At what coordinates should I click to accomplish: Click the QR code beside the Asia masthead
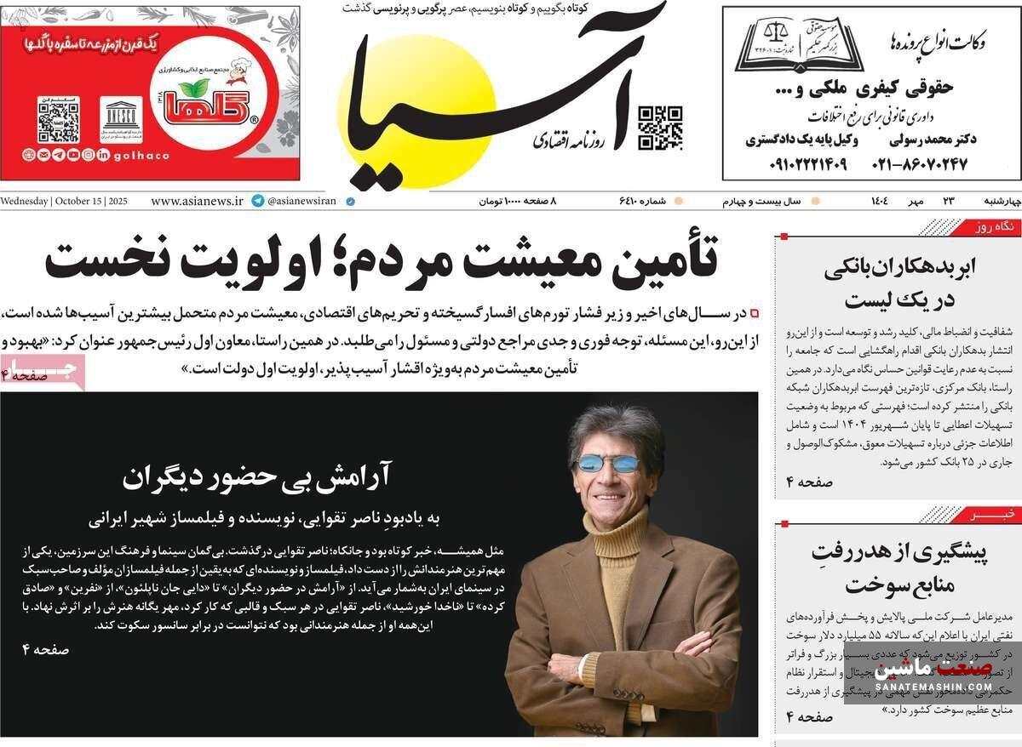[660, 128]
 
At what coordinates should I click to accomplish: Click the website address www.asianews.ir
[197, 202]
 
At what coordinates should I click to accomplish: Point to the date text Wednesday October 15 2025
[64, 202]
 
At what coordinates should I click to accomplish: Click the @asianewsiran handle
[301, 202]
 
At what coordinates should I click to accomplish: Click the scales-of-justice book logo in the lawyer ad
[799, 45]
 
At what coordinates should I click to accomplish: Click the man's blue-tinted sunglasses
[608, 464]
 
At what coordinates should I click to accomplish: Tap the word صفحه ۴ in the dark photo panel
[45, 649]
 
